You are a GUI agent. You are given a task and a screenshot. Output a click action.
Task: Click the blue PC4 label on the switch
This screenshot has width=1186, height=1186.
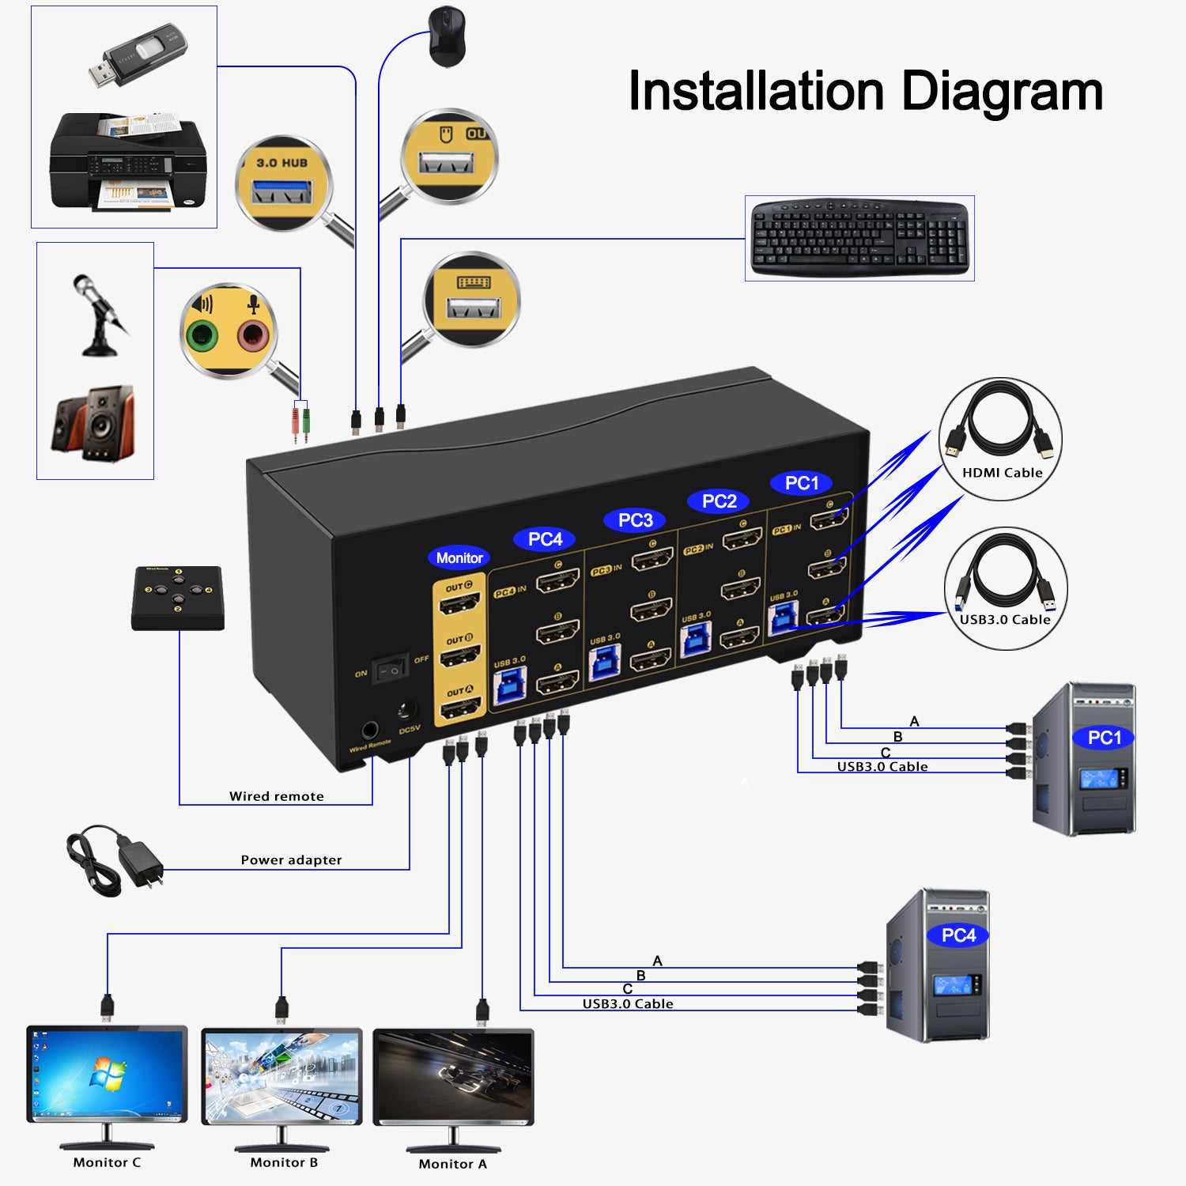545,539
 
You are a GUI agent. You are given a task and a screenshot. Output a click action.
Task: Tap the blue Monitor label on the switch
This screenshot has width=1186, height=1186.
459,558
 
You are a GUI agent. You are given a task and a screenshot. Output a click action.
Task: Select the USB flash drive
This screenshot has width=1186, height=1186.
137,56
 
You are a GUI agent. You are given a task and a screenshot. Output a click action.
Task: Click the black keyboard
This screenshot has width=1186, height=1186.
859,238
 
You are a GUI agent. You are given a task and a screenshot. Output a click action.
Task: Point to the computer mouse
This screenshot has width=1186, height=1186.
447,36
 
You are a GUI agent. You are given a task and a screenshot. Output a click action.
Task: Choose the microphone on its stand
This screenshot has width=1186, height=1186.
99,316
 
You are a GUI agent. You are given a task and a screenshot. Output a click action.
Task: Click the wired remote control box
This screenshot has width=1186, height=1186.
178,598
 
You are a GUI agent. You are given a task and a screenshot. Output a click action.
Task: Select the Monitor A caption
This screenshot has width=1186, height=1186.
452,1164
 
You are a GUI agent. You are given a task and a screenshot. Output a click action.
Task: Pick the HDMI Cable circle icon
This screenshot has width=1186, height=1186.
1000,439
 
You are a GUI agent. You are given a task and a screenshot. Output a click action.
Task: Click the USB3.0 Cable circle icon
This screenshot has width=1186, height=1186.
1006,588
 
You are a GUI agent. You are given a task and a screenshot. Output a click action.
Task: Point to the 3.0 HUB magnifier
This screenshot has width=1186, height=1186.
283,184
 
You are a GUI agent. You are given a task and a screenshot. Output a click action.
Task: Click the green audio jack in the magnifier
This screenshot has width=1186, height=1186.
202,337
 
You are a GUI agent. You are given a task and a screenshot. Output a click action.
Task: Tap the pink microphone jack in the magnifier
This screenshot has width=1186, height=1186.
253,336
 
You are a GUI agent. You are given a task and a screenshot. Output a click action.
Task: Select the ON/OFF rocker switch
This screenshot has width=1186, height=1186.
391,669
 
